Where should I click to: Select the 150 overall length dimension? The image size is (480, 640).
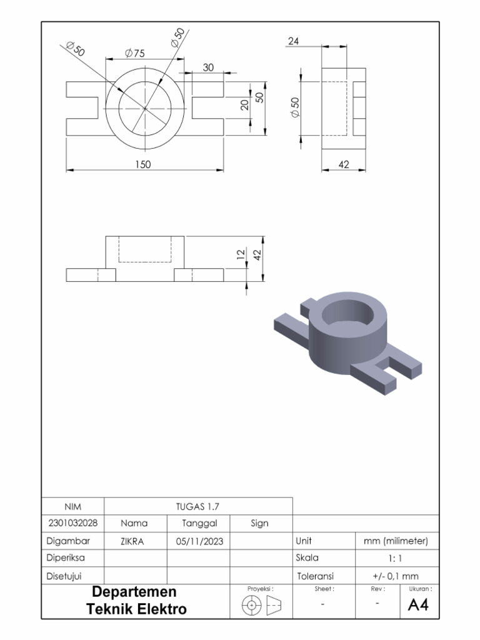point(144,164)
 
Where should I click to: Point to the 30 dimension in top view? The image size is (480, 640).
point(208,67)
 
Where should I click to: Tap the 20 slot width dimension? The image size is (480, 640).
point(245,105)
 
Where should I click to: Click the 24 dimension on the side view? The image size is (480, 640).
point(294,41)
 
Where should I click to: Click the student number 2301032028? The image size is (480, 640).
point(72,523)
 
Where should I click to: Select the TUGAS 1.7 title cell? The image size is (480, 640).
point(199,506)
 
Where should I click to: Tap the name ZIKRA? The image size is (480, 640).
point(132,541)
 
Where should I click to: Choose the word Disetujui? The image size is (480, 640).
point(65,575)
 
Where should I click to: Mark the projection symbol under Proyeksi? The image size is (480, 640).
point(261,605)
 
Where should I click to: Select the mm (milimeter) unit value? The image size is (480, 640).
point(396,541)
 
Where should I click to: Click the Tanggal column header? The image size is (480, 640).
point(199,523)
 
